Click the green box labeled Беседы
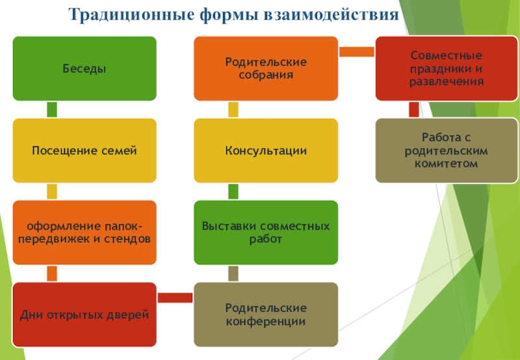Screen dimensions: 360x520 tap(84, 68)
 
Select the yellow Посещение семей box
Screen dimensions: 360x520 tap(84, 150)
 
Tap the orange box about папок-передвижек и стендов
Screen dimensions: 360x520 tap(84, 232)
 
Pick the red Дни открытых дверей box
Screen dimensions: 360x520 tap(84, 315)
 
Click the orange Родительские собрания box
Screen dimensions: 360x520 tap(266, 68)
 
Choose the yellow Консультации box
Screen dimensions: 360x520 tap(266, 150)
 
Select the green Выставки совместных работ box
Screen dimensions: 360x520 tap(266, 232)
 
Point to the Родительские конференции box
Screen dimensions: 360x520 tap(266, 315)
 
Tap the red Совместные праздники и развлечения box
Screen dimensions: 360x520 tap(447, 68)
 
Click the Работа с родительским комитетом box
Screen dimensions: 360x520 tap(447, 150)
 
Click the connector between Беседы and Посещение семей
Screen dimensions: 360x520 tap(52, 109)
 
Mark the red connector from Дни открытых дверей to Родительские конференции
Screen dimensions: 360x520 tap(175, 298)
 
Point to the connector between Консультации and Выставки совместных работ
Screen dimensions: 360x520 tap(233, 191)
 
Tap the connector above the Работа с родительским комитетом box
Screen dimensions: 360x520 tap(414, 109)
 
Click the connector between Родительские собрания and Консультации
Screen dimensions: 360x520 tap(233, 109)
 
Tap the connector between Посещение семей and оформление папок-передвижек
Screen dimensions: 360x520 tap(52, 191)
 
